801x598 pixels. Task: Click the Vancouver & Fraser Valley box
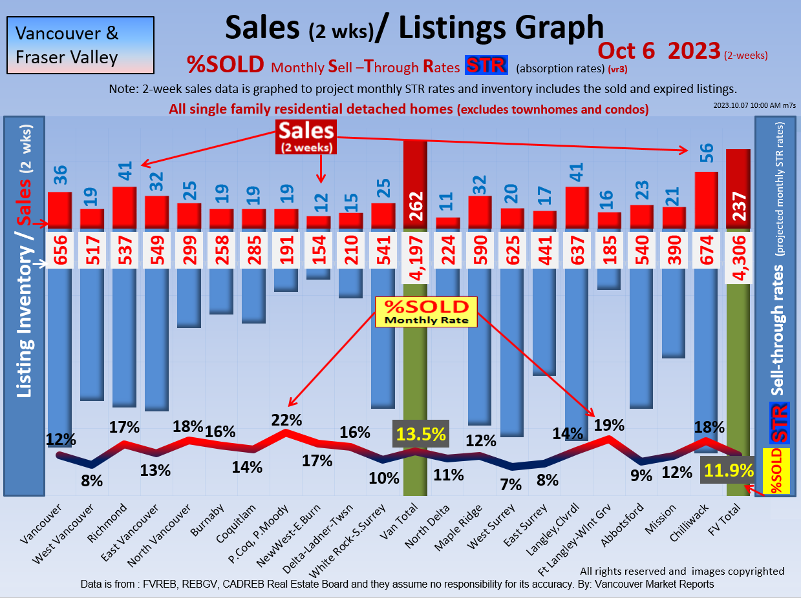pos(80,45)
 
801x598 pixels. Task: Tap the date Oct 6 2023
pos(659,50)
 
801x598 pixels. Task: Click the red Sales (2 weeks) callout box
pos(306,137)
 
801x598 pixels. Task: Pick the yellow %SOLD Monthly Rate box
pos(426,311)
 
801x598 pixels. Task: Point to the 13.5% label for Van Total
pos(421,433)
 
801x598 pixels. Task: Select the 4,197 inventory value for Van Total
pos(415,257)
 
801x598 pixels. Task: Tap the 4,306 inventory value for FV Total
pos(738,257)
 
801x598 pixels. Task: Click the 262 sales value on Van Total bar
pos(415,207)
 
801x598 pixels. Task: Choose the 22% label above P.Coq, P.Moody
pos(286,419)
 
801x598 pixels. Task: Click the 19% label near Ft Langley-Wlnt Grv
pos(609,425)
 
